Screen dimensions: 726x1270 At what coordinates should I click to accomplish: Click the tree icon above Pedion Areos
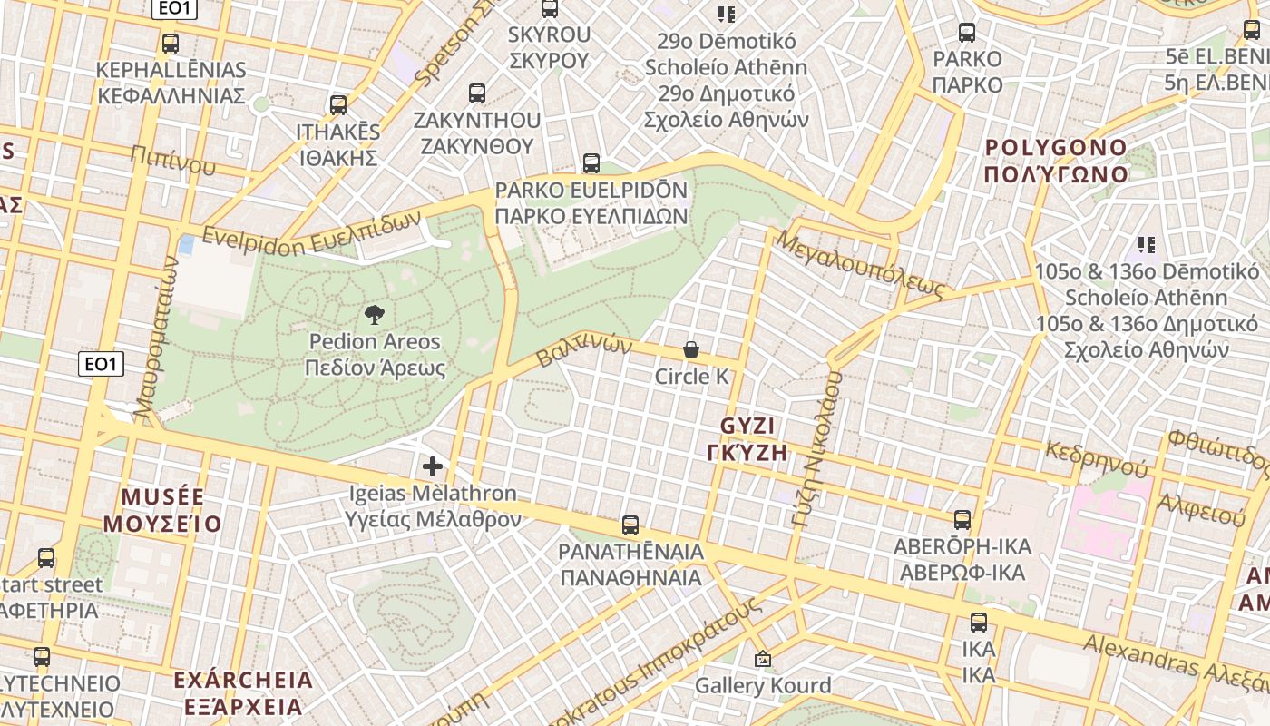(373, 315)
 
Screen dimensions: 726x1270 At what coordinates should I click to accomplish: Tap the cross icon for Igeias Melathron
(433, 466)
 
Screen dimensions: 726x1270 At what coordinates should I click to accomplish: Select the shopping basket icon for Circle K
(691, 349)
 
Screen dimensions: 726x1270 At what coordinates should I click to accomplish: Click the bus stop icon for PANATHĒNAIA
(630, 525)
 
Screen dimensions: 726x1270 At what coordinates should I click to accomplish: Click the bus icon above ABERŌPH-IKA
(962, 520)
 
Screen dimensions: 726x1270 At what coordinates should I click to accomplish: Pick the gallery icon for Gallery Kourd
(762, 659)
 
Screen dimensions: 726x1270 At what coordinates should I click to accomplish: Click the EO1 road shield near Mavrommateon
(101, 364)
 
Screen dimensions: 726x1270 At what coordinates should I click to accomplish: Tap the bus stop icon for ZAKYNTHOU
(477, 93)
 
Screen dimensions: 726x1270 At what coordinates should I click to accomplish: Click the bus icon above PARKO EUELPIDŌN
(591, 163)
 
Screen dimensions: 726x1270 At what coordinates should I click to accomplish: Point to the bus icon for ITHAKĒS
(338, 104)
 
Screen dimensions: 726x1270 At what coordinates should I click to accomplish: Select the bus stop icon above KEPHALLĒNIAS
(170, 43)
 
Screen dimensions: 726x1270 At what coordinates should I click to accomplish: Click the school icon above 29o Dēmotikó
(726, 14)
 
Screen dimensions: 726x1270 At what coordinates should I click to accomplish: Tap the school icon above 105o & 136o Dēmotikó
(1147, 244)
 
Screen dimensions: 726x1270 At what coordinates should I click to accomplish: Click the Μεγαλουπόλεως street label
(861, 264)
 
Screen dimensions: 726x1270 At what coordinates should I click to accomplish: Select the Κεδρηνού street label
(1096, 458)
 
